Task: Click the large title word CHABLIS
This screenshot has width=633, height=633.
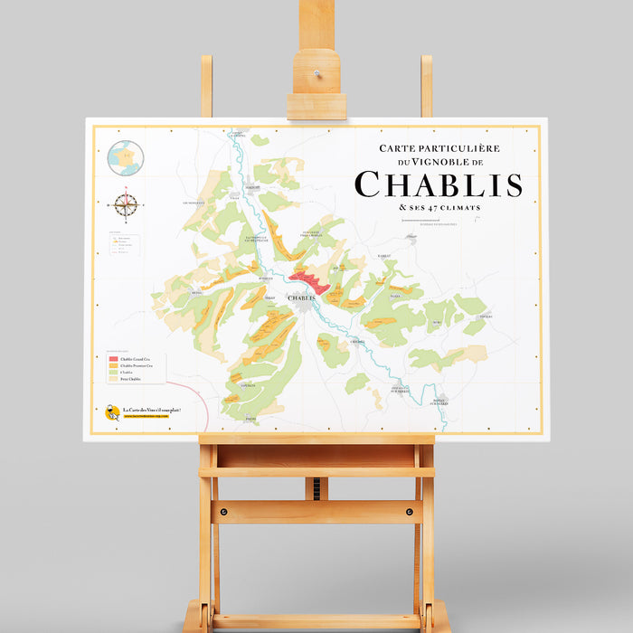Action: (x=439, y=184)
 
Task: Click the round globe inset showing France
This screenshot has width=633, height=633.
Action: (x=126, y=158)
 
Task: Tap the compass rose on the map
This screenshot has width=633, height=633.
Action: (x=127, y=204)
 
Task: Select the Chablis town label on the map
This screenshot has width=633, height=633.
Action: (x=301, y=297)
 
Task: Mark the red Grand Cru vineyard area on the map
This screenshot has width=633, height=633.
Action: (x=309, y=281)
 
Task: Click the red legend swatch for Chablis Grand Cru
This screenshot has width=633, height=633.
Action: (x=113, y=359)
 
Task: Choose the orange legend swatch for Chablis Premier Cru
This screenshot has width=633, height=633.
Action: (x=113, y=366)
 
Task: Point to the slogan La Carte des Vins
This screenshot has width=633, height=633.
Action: (x=151, y=411)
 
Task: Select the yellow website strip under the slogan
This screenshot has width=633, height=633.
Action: (x=150, y=418)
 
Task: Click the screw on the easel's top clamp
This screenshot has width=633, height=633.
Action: (x=316, y=73)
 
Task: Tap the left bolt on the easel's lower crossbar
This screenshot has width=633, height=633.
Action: (x=223, y=513)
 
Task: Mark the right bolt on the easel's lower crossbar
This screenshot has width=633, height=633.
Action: (x=410, y=513)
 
